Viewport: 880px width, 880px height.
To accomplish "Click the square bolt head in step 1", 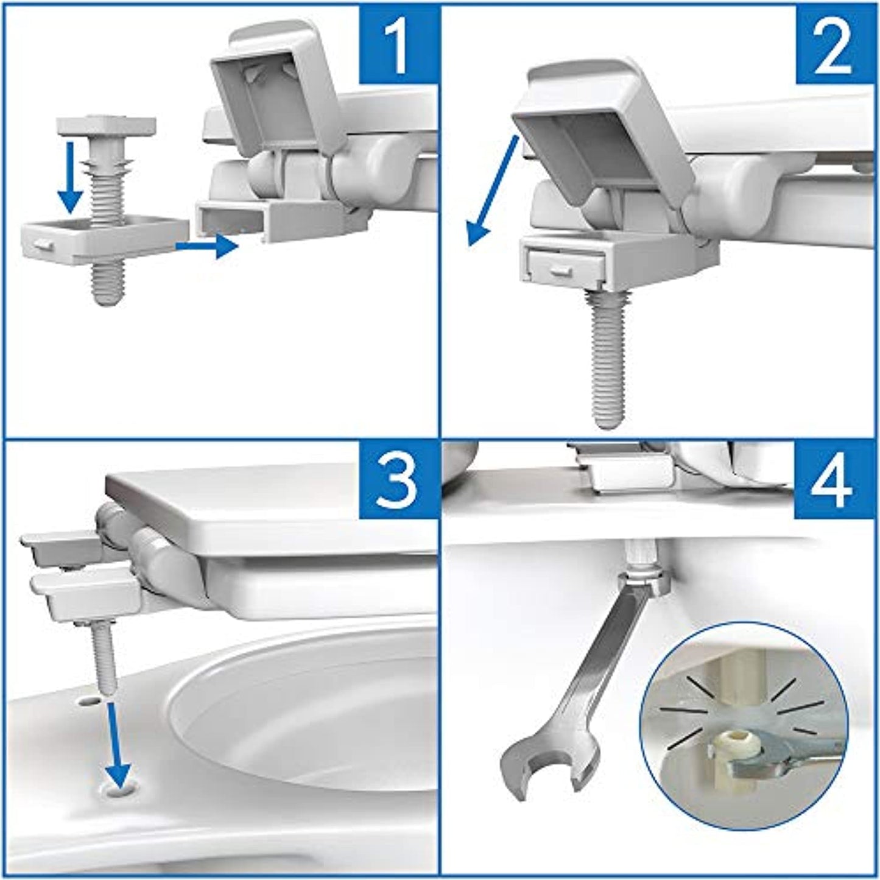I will (107, 126).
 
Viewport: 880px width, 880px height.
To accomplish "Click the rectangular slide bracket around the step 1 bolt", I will (104, 241).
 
